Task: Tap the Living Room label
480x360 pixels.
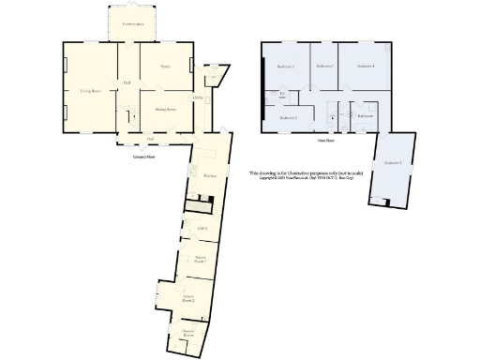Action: [90, 91]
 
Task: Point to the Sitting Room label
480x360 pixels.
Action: [165, 109]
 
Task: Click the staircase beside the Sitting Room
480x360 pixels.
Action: [133, 116]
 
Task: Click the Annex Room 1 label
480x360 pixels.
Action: [199, 259]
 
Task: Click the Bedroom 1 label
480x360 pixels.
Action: [286, 67]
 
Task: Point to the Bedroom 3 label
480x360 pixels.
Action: [324, 66]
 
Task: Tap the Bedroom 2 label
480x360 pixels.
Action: [289, 118]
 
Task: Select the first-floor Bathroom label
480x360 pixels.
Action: [366, 115]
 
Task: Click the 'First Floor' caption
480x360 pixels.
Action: [325, 141]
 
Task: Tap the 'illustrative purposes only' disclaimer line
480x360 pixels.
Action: [300, 173]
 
